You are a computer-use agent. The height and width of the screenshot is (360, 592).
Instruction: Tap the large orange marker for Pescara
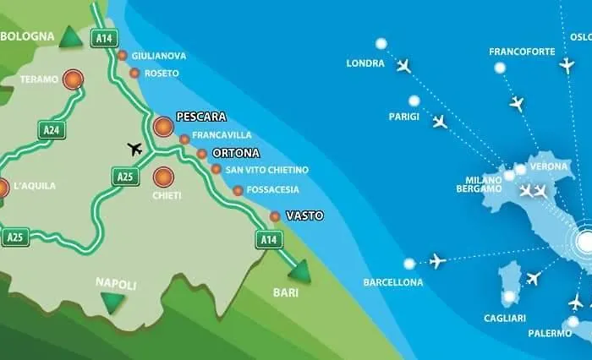163,127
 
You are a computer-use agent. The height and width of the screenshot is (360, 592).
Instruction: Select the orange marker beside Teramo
75,79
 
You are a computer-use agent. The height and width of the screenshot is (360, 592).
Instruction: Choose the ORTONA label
235,153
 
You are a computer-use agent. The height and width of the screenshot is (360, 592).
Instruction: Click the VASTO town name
304,215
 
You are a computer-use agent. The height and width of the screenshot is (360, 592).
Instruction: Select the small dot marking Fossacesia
238,190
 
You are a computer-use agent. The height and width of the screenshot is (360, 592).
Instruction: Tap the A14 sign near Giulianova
104,37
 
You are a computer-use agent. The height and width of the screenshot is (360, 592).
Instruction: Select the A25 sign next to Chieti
124,176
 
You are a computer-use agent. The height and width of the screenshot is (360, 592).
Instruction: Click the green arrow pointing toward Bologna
71,37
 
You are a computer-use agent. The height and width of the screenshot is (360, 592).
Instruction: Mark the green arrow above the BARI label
299,270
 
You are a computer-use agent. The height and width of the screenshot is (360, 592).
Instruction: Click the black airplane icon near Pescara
135,149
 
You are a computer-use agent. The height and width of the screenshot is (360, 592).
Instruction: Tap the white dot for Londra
381,43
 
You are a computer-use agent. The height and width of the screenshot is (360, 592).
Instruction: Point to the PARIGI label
403,117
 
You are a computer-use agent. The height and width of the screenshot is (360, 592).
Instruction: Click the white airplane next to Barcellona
437,260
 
